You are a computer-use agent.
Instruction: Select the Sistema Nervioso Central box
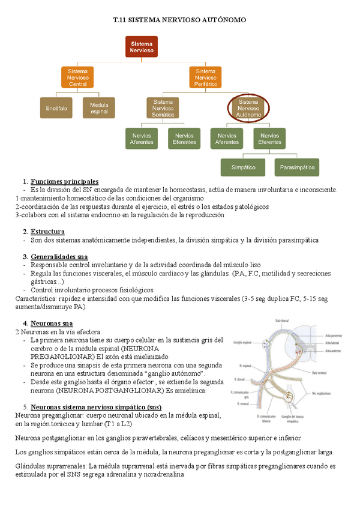pyautogui.click(x=78, y=77)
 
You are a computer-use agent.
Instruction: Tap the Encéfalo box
pyautogui.click(x=56, y=108)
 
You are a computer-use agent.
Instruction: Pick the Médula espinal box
pyautogui.click(x=99, y=108)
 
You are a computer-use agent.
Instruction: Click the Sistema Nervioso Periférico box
pyautogui.click(x=206, y=77)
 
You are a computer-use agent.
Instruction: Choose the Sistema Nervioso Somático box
pyautogui.click(x=163, y=108)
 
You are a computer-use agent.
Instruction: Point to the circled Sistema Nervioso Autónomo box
pyautogui.click(x=248, y=108)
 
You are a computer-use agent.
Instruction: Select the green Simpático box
pyautogui.click(x=243, y=167)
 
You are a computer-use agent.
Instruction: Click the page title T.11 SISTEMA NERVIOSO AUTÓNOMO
pyautogui.click(x=179, y=20)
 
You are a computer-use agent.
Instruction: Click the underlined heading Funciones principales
pyautogui.click(x=64, y=182)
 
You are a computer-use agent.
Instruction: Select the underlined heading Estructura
pyautogui.click(x=47, y=232)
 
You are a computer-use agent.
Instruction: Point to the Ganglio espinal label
pyautogui.click(x=240, y=342)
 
